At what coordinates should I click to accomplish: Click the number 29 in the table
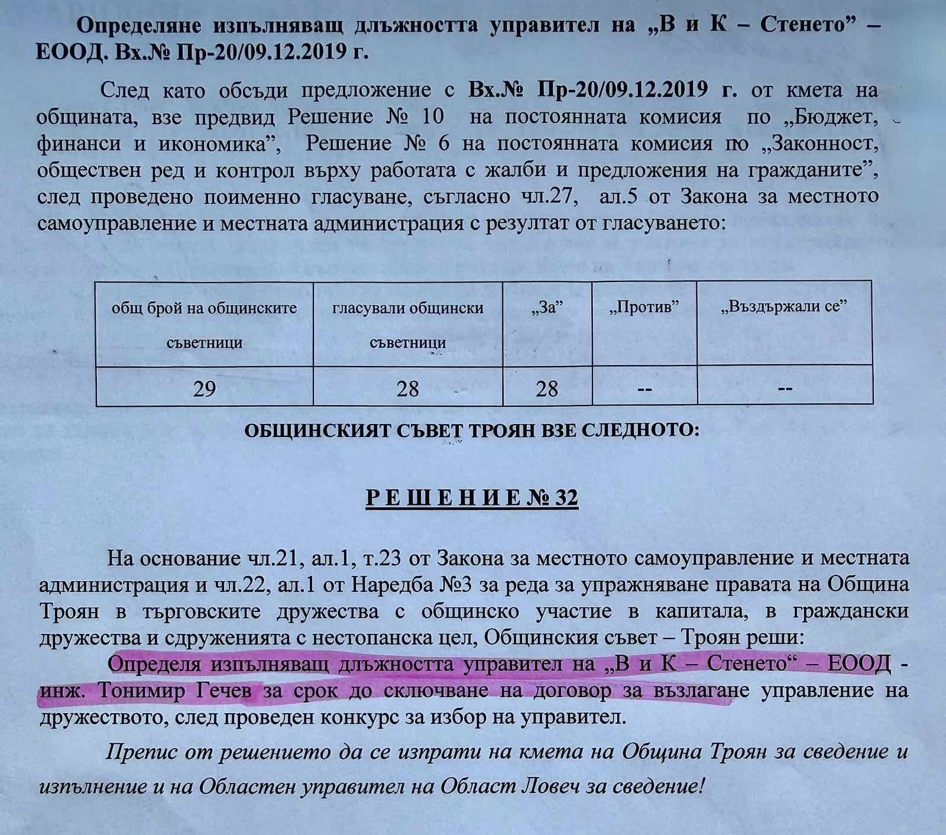tap(204, 389)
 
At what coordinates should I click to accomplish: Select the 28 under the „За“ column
tap(546, 389)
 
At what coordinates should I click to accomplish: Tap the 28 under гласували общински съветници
tap(407, 389)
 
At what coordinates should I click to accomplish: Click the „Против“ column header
tap(643, 307)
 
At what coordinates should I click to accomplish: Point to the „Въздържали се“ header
tap(785, 307)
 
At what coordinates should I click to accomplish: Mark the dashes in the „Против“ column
tap(644, 389)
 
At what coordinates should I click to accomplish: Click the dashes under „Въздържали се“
tap(785, 389)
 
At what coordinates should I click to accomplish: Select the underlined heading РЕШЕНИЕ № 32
tap(472, 498)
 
